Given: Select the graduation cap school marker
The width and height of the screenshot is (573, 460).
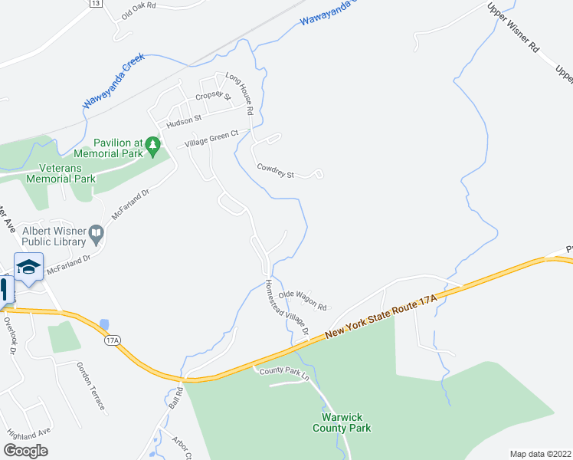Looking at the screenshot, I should (x=28, y=267).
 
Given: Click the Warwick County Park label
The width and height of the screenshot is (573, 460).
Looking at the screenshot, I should (x=342, y=422).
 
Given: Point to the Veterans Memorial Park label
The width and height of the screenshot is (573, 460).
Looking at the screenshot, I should (x=61, y=172).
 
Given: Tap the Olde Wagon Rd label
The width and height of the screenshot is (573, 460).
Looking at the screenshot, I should (x=303, y=300).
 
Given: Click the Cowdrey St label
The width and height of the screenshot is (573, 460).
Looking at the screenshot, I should (x=276, y=170).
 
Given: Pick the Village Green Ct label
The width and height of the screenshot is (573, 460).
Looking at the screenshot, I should (x=208, y=139).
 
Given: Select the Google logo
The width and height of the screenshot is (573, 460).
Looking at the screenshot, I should (x=25, y=451).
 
